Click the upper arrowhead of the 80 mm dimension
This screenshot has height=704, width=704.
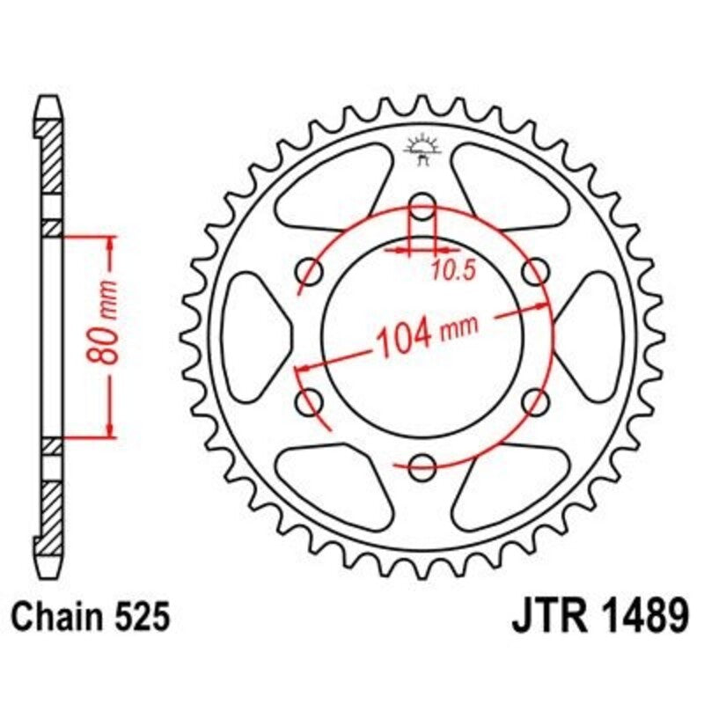(x=110, y=243)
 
